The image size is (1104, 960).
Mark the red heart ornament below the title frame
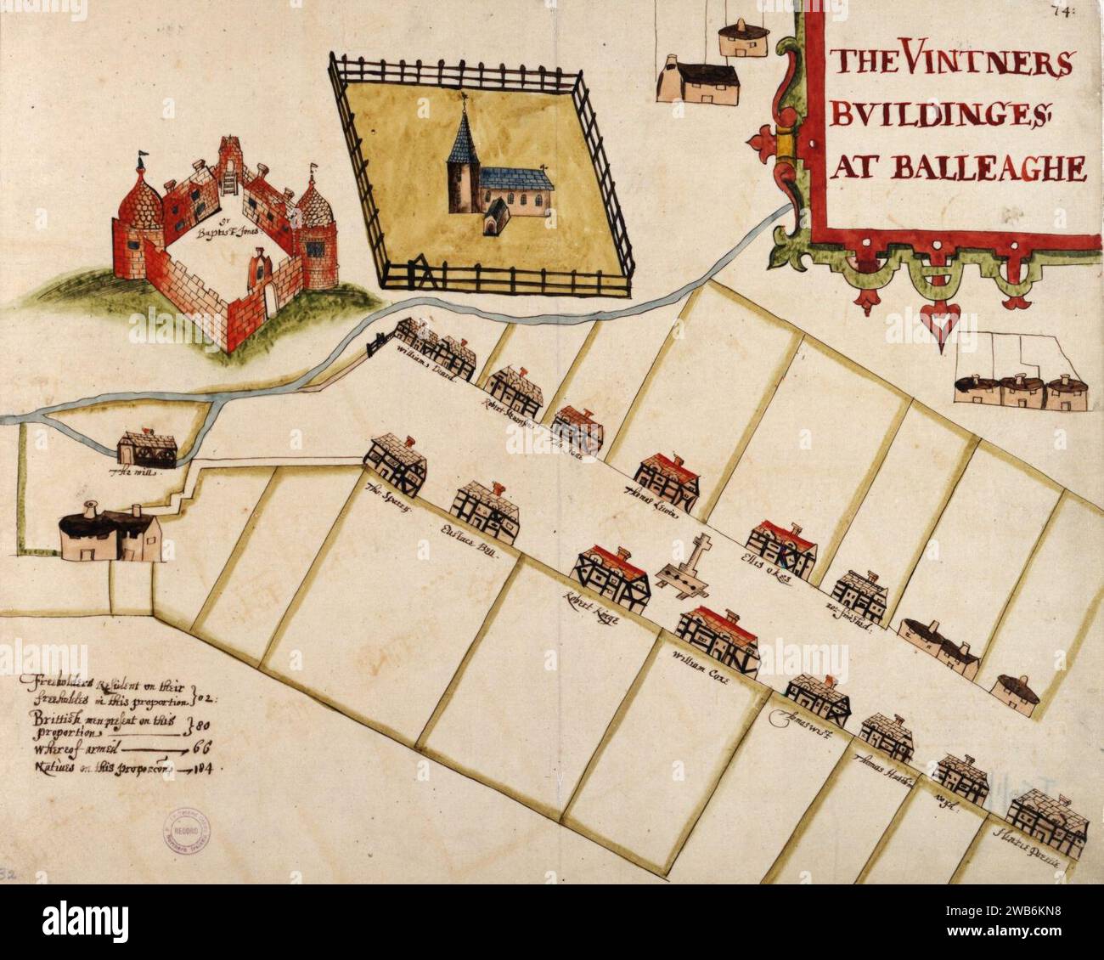[x=941, y=327]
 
